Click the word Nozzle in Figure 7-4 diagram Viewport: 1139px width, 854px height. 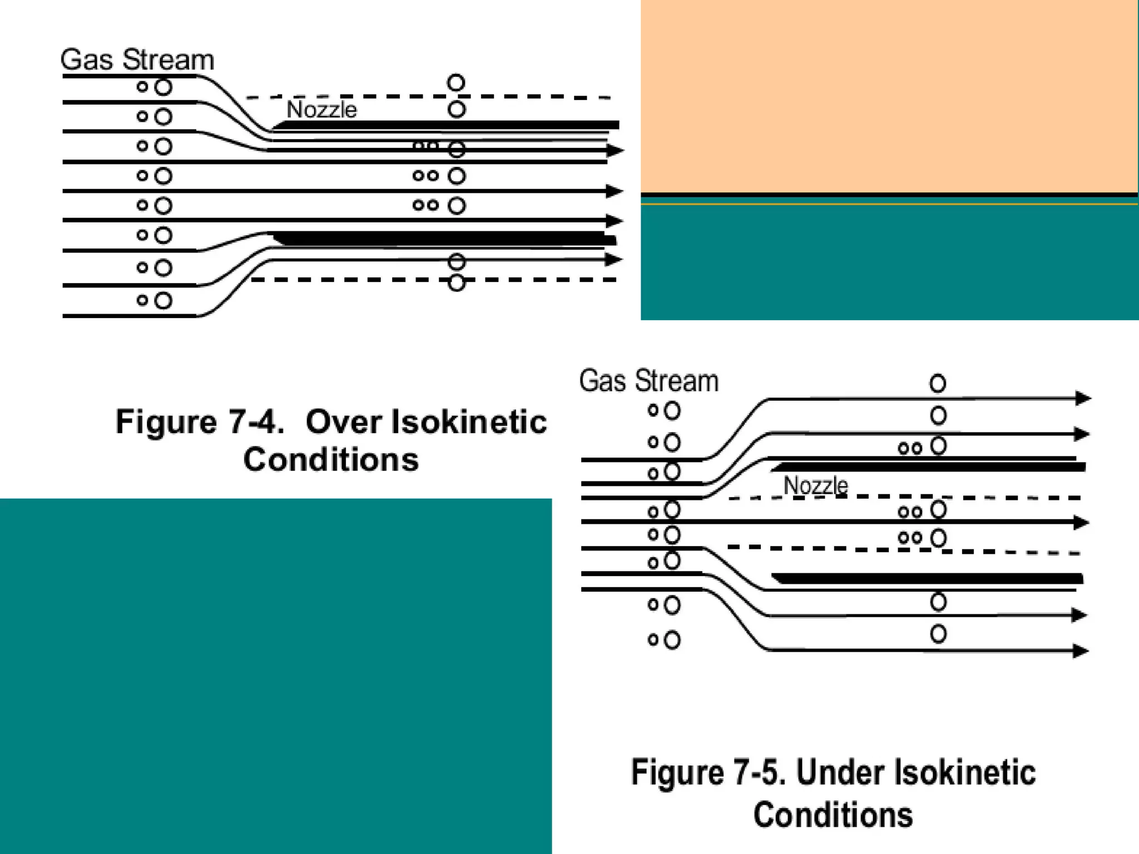tap(321, 110)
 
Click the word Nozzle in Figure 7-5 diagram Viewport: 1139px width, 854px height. tap(815, 485)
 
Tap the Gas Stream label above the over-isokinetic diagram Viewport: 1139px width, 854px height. tap(137, 59)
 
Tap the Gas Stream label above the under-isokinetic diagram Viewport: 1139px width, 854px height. tap(648, 381)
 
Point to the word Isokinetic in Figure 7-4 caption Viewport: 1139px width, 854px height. tap(469, 421)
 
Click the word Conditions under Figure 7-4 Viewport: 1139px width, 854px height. tap(331, 460)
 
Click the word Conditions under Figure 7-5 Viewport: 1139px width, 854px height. tap(833, 815)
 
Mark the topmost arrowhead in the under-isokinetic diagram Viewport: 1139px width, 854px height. tap(1083, 398)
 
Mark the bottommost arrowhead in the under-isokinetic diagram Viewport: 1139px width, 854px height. tap(1081, 651)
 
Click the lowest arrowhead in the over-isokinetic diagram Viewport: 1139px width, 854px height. tap(613, 259)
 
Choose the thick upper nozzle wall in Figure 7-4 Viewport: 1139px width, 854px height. tap(445, 125)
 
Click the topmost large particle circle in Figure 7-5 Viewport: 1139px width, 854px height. tap(938, 384)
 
